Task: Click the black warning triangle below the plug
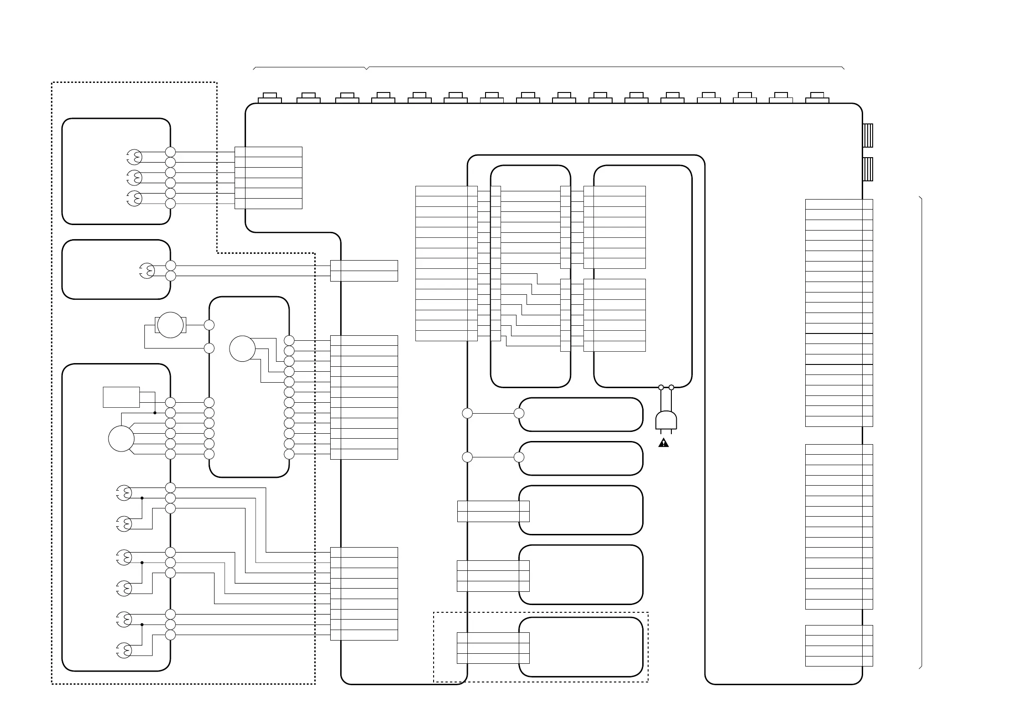click(x=664, y=442)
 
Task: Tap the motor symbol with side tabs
click(x=170, y=325)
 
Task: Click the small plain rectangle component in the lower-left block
click(x=121, y=397)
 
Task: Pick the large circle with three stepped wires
click(x=242, y=349)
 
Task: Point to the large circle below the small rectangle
click(x=121, y=438)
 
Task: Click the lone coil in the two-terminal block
click(x=147, y=271)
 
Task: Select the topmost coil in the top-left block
click(x=134, y=157)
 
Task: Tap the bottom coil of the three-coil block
click(x=134, y=198)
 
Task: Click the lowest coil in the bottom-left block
click(x=124, y=650)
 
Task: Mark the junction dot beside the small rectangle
click(x=155, y=413)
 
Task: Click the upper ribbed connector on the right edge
click(x=868, y=135)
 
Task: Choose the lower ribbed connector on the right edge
click(x=868, y=169)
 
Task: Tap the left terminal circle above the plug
click(x=661, y=387)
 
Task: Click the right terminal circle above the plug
click(x=671, y=387)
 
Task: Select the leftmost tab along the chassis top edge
click(x=270, y=98)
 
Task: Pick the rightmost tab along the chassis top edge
click(x=817, y=98)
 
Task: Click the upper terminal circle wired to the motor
click(x=209, y=325)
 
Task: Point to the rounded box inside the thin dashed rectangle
click(x=581, y=647)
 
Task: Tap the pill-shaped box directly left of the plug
click(x=581, y=414)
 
